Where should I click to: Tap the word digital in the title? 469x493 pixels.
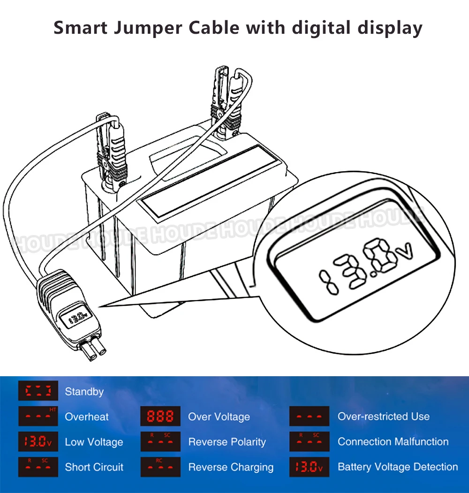318,28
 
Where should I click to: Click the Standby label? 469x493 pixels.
84,392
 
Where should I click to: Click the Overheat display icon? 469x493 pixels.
38,417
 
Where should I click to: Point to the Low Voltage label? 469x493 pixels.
94,442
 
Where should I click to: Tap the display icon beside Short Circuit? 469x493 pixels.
38,467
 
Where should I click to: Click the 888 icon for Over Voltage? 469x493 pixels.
160,417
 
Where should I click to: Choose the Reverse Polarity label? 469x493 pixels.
227,442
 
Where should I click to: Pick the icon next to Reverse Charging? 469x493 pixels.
160,467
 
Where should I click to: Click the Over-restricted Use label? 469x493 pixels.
384,417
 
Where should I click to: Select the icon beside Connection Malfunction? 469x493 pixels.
309,442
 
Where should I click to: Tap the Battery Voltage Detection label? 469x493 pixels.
398,467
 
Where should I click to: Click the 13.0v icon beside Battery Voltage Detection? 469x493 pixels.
309,467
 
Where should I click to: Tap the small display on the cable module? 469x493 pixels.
76,319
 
